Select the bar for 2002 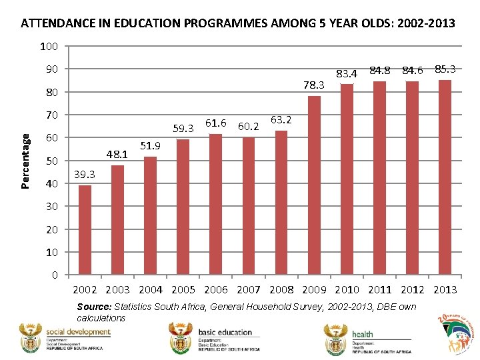point(85,230)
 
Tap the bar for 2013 point(445,177)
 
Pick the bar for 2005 point(183,207)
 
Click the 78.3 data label point(313,85)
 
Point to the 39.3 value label point(83,175)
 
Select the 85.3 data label point(445,69)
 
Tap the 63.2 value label point(281,120)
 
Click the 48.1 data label point(117,155)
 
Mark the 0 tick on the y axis point(55,275)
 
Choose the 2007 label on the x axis point(248,289)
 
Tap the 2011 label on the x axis point(379,289)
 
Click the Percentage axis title point(26,161)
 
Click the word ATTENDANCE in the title point(57,23)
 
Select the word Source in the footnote point(94,307)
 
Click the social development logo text point(77,332)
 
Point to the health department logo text point(363,335)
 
